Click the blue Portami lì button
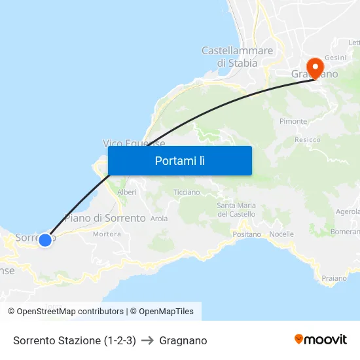[179, 160]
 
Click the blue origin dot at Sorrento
[45, 240]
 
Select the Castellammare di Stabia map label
[237, 57]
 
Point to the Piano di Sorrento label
[105, 218]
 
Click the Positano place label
[247, 234]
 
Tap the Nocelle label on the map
[281, 234]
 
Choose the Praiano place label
[334, 278]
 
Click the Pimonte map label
[293, 122]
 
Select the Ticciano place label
[187, 192]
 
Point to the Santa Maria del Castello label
[236, 210]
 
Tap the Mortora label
[107, 234]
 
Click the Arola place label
[159, 219]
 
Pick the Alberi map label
[126, 192]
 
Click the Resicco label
[308, 139]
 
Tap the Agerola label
[348, 211]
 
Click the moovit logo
[321, 339]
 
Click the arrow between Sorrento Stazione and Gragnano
[147, 340]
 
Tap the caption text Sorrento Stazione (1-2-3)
[75, 340]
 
